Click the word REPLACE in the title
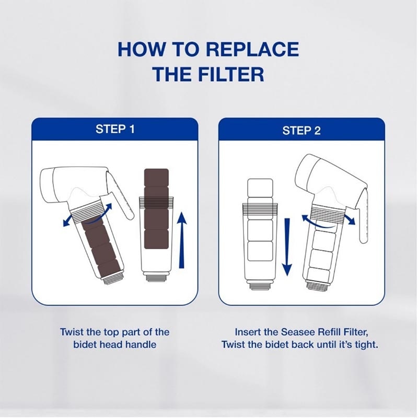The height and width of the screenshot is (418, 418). pyautogui.click(x=252, y=49)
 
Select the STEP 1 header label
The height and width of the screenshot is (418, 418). pyautogui.click(x=115, y=129)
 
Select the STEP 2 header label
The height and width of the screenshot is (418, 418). pyautogui.click(x=301, y=130)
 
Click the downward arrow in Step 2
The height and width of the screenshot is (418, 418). pyautogui.click(x=286, y=246)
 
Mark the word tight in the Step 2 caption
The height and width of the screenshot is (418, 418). pyautogui.click(x=365, y=345)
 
